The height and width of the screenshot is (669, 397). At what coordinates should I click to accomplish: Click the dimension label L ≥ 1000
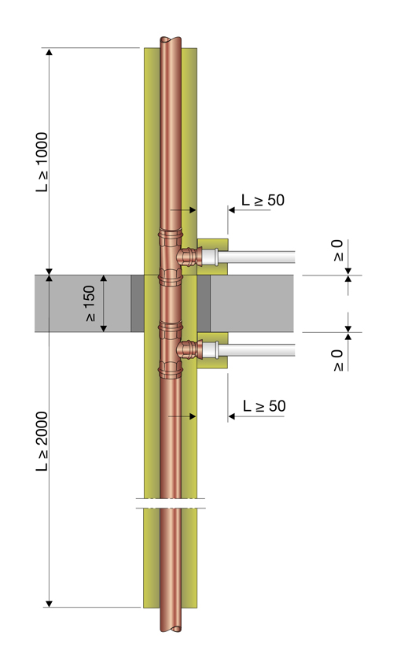click(42, 162)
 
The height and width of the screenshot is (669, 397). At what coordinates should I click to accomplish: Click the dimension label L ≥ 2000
click(42, 442)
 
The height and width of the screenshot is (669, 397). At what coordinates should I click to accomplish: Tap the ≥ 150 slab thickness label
click(90, 304)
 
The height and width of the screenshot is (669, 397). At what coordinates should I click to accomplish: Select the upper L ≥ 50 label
click(263, 200)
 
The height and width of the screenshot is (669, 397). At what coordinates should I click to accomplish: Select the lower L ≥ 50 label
click(264, 406)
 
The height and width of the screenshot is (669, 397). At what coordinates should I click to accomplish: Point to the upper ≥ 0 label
click(337, 250)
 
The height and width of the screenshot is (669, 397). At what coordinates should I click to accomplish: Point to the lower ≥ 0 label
click(337, 360)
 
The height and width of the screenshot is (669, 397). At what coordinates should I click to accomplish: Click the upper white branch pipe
click(256, 257)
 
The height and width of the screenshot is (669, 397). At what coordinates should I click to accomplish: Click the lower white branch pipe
click(256, 350)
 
